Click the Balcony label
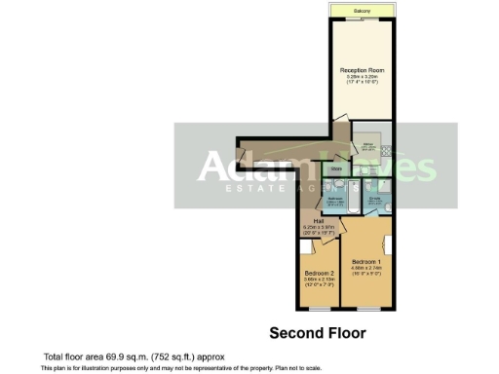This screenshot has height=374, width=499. (362, 11)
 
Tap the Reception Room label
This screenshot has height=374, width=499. (361, 70)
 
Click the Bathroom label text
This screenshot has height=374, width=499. (333, 198)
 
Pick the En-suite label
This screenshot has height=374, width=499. (375, 198)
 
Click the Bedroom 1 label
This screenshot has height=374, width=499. (366, 262)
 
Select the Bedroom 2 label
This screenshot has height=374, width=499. (319, 272)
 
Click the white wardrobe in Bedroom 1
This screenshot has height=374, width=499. (388, 243)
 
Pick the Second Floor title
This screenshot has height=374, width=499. (317, 333)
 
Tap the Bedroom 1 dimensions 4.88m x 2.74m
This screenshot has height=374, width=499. (366, 269)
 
